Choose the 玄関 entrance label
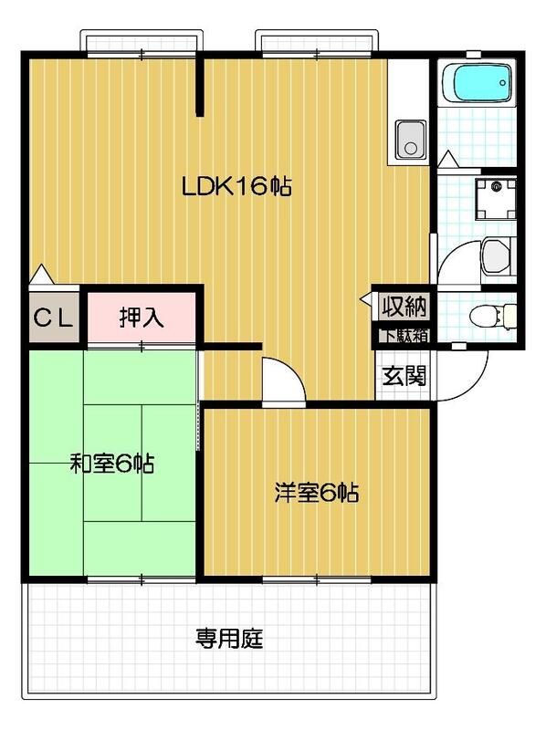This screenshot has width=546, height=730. (x=402, y=375)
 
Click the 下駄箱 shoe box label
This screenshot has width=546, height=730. (x=403, y=334)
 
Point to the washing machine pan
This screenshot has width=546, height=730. (x=497, y=195)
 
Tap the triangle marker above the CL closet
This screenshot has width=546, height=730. (x=40, y=273)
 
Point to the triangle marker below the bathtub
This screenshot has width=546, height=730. (x=447, y=161)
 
